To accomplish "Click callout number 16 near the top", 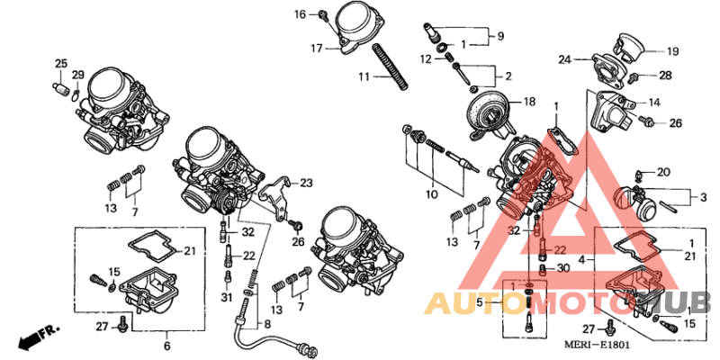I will coord(301,14).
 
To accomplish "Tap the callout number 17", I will coord(317,48).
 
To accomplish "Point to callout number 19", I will coord(672,51).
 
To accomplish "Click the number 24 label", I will coord(564,59).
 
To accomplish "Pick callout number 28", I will coord(665,76).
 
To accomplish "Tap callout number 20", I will coord(663,172).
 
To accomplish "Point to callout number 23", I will coord(306,184).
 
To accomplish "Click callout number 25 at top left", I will coord(60,63).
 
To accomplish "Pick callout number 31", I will coord(227,298).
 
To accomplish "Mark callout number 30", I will coord(562,268).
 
